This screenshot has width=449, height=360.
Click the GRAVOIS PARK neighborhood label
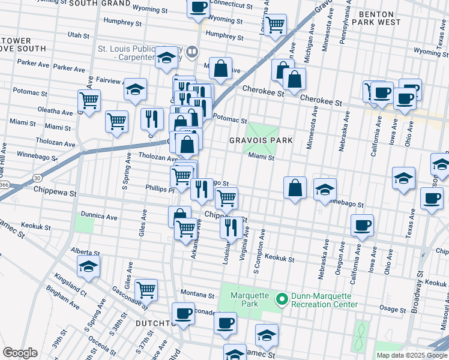(x=261, y=140)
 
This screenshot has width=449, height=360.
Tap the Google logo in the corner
(x=20, y=353)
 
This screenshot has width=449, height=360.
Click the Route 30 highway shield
(x=37, y=178)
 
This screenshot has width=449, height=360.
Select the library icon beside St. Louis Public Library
(x=191, y=52)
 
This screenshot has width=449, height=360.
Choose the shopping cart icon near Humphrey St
(x=275, y=25)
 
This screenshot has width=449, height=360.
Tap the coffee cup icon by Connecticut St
(x=199, y=8)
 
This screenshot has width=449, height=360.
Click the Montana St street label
(x=197, y=296)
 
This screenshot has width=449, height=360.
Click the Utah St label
(x=79, y=35)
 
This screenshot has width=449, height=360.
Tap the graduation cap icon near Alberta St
(x=89, y=267)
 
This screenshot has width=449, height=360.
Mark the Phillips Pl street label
(x=159, y=188)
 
